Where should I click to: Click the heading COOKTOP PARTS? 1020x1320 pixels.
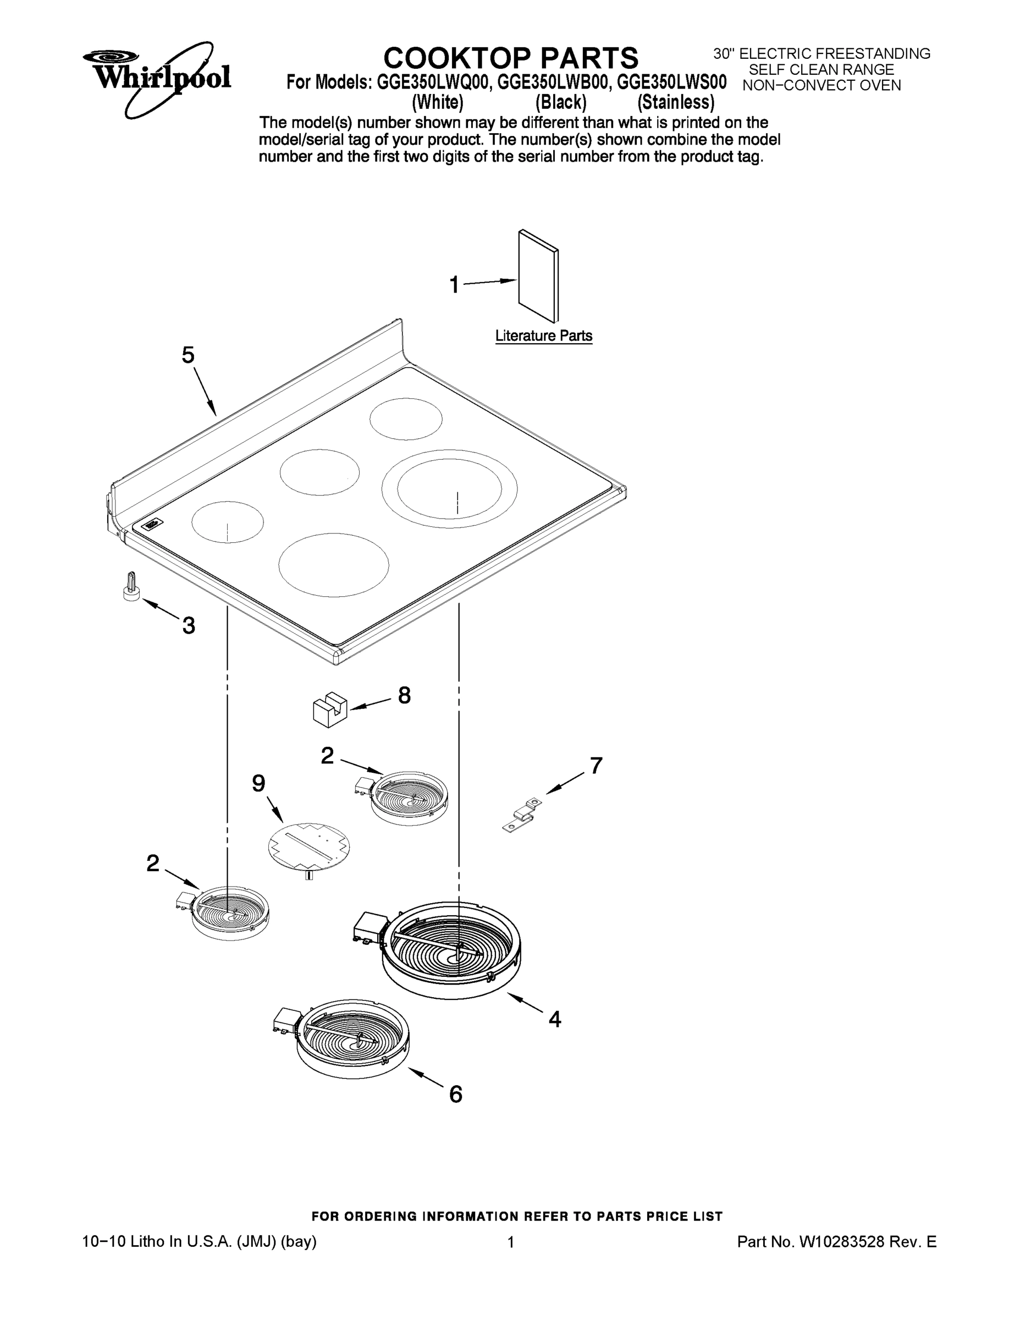click(511, 58)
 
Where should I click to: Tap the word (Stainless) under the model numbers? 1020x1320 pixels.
click(676, 102)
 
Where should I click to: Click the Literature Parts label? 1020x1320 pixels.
click(543, 336)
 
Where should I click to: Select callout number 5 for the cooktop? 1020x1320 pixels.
click(188, 355)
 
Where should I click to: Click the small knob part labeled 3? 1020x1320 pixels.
click(130, 587)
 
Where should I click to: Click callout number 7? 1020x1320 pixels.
click(596, 766)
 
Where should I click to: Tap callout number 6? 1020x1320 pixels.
click(456, 1094)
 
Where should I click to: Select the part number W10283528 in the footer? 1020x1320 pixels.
click(842, 1242)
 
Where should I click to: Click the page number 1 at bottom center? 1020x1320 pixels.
click(511, 1242)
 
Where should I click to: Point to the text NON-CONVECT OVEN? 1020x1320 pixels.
click(821, 86)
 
